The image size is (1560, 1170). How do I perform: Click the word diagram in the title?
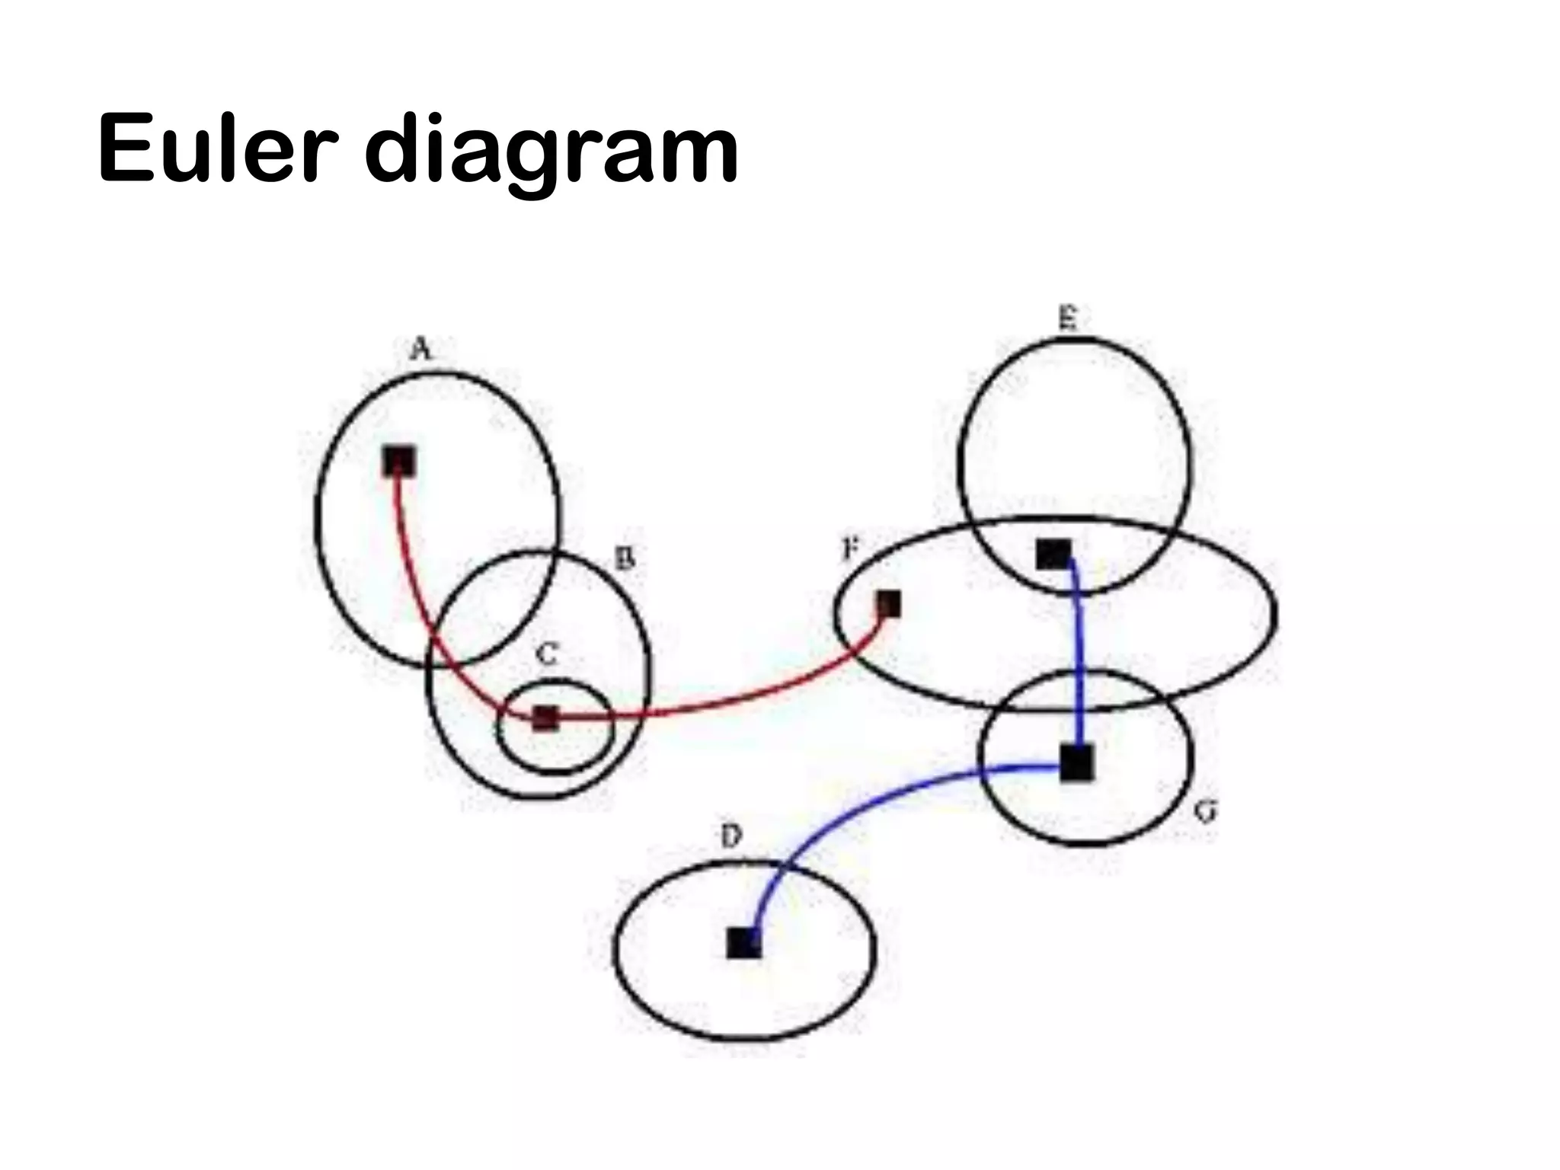pos(551,152)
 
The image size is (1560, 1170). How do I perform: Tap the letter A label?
pos(421,350)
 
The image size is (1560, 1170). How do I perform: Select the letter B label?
pos(625,561)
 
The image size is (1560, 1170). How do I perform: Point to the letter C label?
pos(547,654)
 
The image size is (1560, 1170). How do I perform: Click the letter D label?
pos(730,837)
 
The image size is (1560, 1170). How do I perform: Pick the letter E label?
pos(1069,318)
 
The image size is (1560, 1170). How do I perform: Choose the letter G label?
pos(1204,812)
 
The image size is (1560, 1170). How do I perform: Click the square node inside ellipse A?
pos(399,461)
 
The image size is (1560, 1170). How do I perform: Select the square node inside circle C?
pos(545,718)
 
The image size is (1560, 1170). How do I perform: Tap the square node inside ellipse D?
pos(743,943)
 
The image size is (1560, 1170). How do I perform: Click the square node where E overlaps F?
pos(1053,554)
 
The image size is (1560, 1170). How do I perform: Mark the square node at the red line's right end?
pos(888,605)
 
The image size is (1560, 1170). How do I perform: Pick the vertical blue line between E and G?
pos(1078,655)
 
